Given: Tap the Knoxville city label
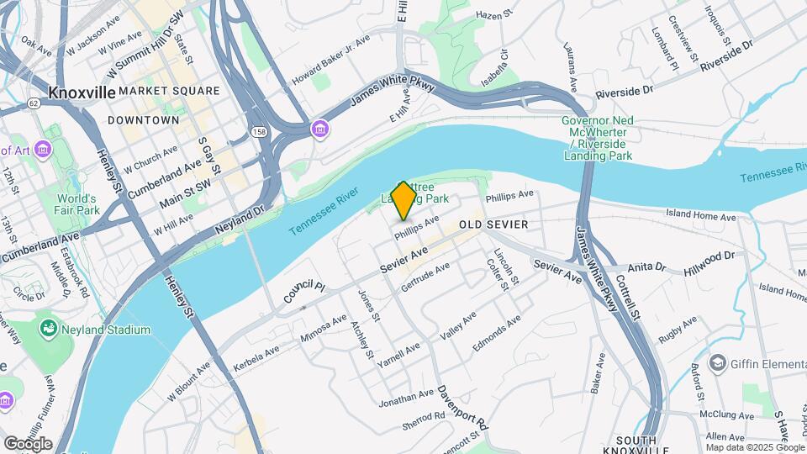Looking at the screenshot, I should [82, 92].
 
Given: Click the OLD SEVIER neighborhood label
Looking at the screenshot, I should [493, 224].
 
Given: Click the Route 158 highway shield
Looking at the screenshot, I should [259, 132].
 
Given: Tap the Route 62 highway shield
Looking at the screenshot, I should [33, 103].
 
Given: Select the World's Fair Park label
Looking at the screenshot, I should [78, 204].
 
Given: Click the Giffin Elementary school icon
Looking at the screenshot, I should [717, 362].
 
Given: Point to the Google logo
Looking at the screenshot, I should [28, 444].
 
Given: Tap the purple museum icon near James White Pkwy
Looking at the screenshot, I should [319, 129].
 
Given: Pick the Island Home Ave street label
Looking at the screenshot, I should [700, 215].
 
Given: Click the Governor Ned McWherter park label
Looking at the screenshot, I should [601, 132].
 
